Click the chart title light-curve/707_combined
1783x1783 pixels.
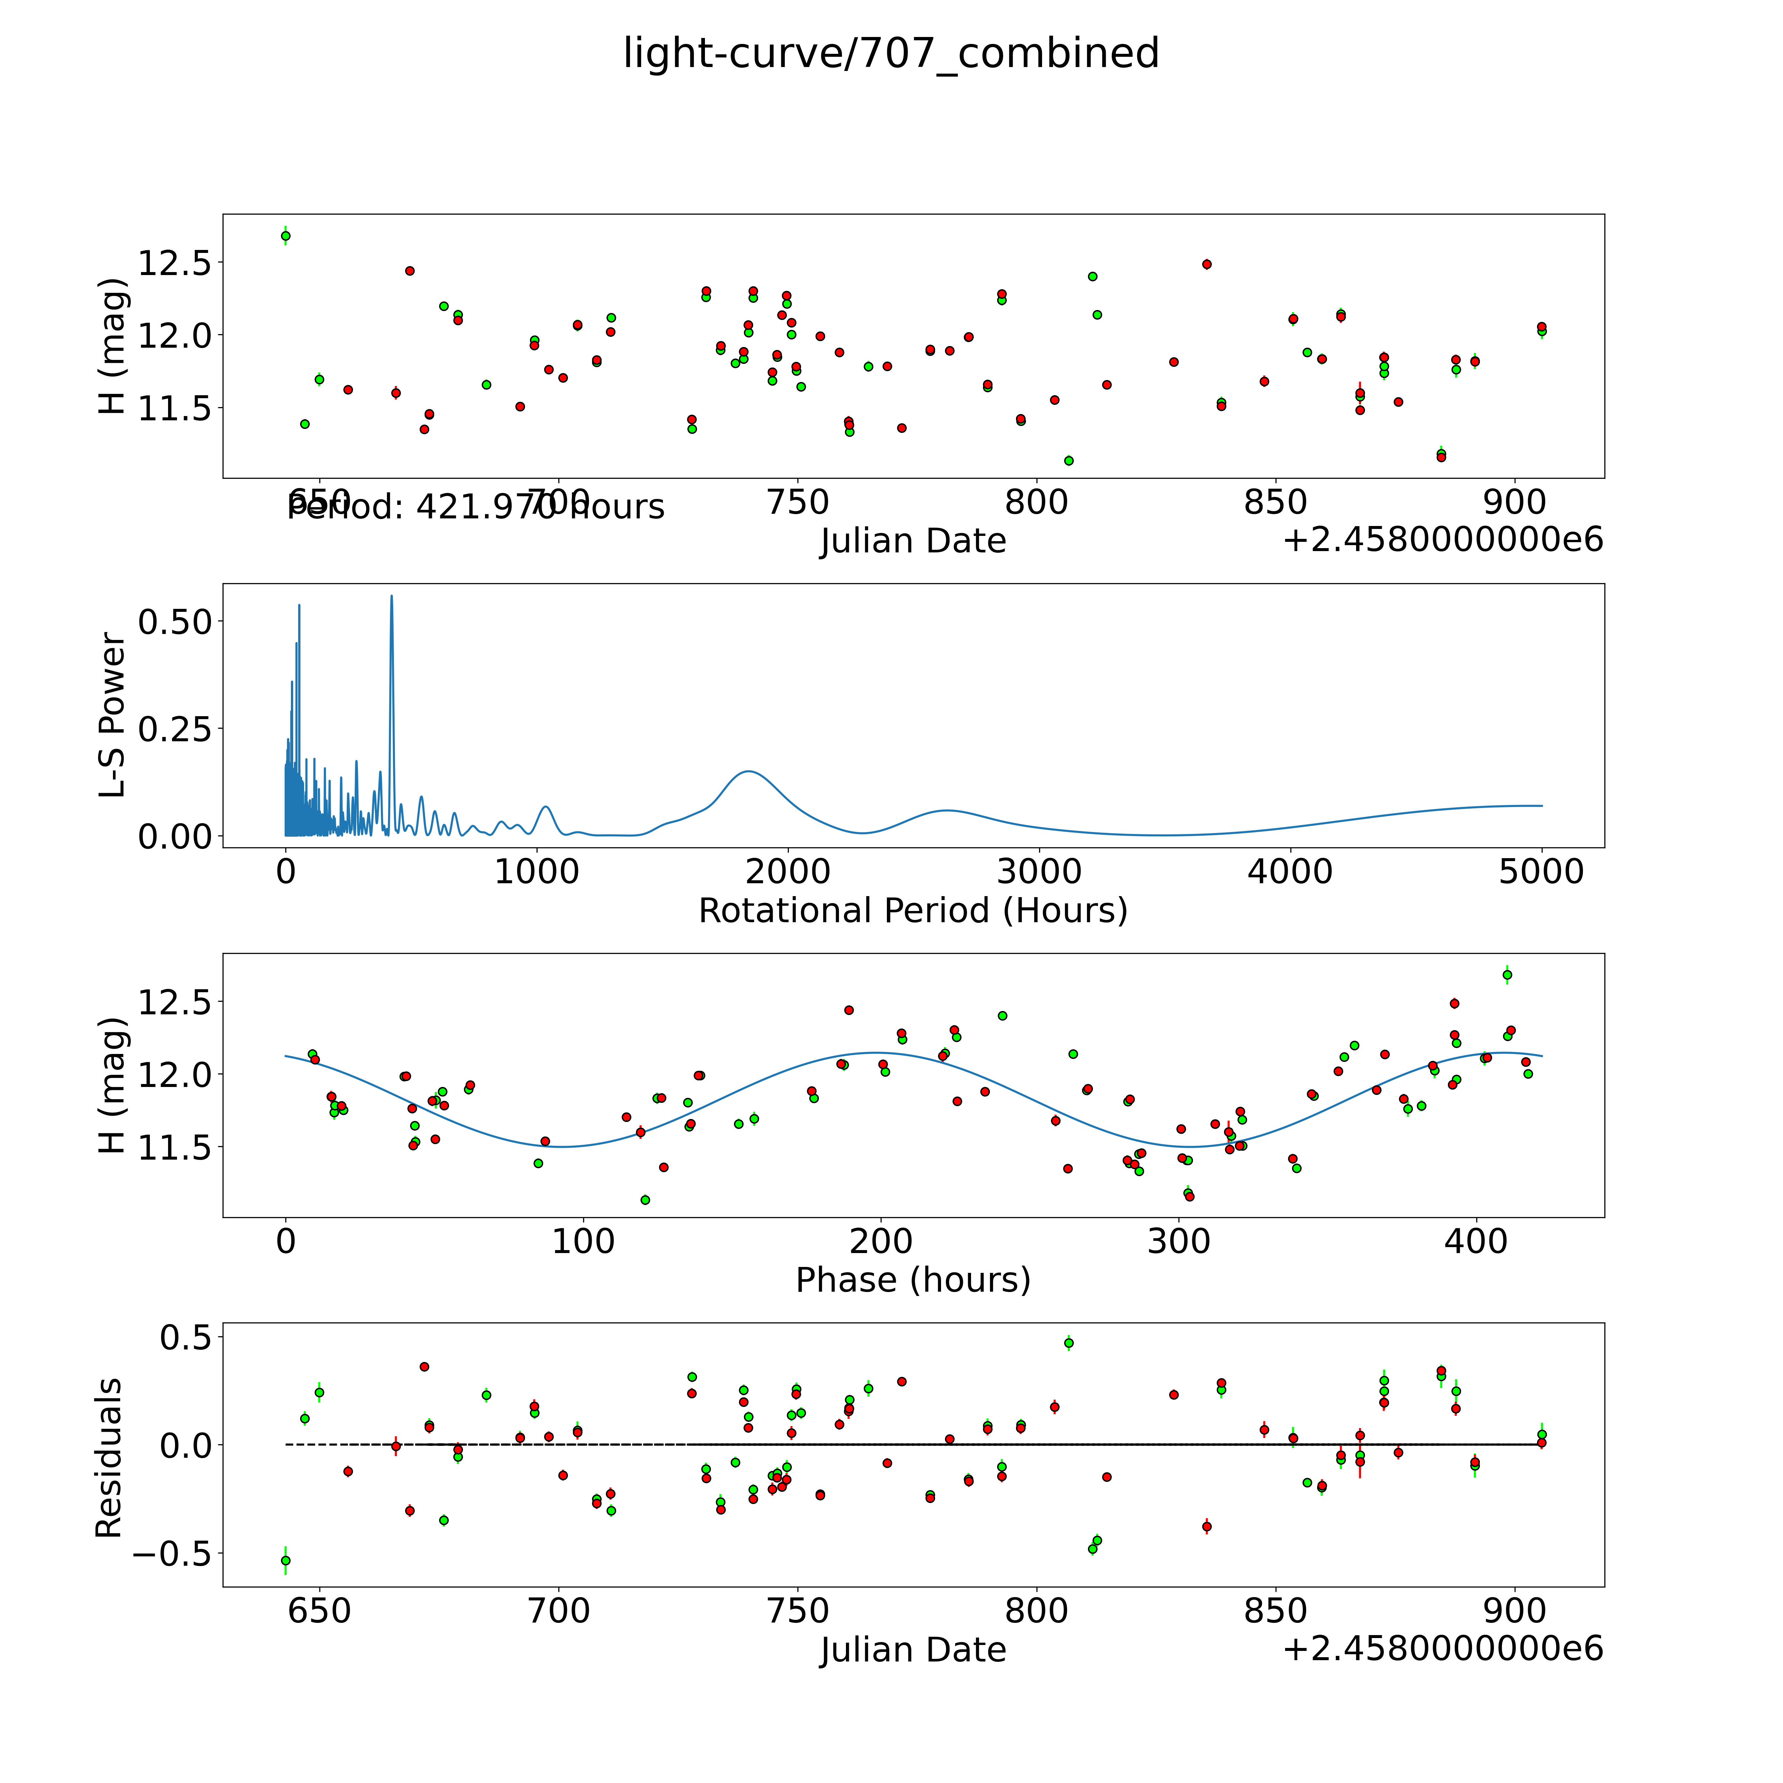891,53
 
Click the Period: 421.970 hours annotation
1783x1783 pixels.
475,507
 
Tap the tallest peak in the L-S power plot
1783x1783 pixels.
391,596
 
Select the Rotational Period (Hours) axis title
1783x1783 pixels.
913,911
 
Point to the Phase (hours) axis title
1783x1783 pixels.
913,1280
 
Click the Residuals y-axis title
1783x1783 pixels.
109,1458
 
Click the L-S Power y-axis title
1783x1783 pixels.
111,715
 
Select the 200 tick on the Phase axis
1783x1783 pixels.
881,1241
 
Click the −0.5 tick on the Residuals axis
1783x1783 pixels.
172,1553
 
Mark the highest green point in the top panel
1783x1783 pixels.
286,235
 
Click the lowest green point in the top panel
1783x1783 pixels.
1069,461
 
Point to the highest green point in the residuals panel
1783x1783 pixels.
1069,1343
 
